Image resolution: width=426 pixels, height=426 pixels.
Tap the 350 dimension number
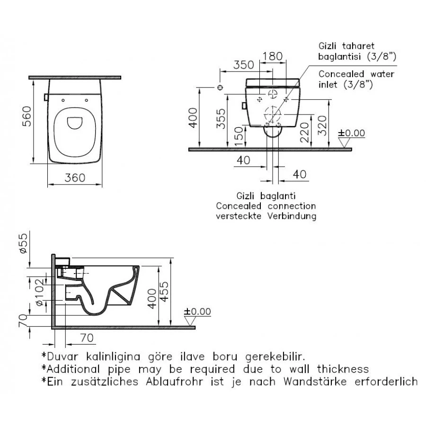[x=244, y=65]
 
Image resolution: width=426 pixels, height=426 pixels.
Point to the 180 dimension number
[x=272, y=56]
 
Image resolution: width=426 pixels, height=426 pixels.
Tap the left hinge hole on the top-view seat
[x=63, y=100]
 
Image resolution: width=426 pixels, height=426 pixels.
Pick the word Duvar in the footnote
[x=65, y=355]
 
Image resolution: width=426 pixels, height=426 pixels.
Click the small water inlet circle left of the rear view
[x=219, y=88]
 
